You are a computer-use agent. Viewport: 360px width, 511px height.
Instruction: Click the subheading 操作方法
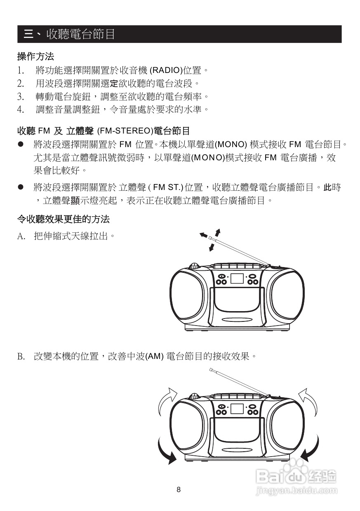(35, 56)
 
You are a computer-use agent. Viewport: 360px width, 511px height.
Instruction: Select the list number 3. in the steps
(21, 96)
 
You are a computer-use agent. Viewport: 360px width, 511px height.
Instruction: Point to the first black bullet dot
(20, 144)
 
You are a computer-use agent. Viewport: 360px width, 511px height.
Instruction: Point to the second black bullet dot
(20, 187)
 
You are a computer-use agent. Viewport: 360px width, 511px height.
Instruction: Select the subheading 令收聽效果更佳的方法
(63, 219)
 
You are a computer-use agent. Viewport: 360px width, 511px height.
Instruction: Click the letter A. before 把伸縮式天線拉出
(22, 237)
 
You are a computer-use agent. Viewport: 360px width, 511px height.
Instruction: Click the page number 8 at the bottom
(179, 490)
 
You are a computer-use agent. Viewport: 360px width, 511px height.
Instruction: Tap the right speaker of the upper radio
(286, 296)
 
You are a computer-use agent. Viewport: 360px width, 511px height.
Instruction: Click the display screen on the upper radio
(237, 278)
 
